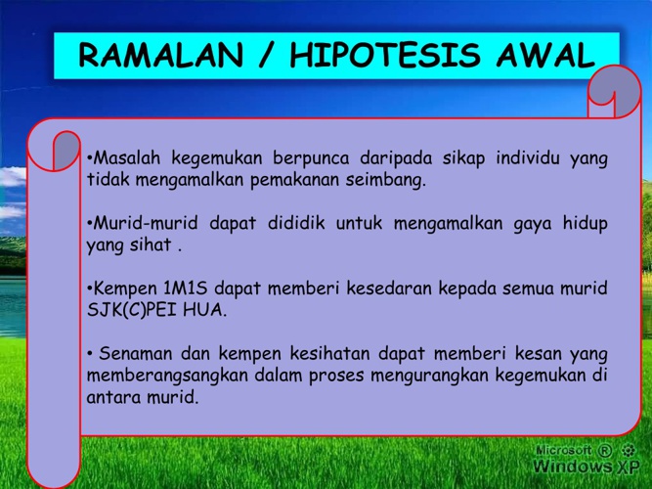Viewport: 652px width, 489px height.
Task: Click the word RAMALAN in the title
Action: pos(160,55)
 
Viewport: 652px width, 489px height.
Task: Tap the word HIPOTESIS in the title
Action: pos(385,55)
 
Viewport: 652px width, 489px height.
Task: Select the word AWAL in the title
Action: pos(545,55)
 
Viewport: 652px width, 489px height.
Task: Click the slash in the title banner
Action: pos(267,55)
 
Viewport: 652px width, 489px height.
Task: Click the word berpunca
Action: pos(311,159)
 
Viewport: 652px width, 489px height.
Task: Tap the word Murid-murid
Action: pos(145,223)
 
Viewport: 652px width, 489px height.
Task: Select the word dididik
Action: pos(296,223)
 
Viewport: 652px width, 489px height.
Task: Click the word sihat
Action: pos(151,244)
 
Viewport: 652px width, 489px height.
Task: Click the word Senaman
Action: pos(136,354)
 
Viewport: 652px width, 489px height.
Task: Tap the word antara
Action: pos(113,397)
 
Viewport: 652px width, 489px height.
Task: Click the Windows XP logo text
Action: pos(586,466)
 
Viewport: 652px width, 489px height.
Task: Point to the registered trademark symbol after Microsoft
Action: pos(605,450)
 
